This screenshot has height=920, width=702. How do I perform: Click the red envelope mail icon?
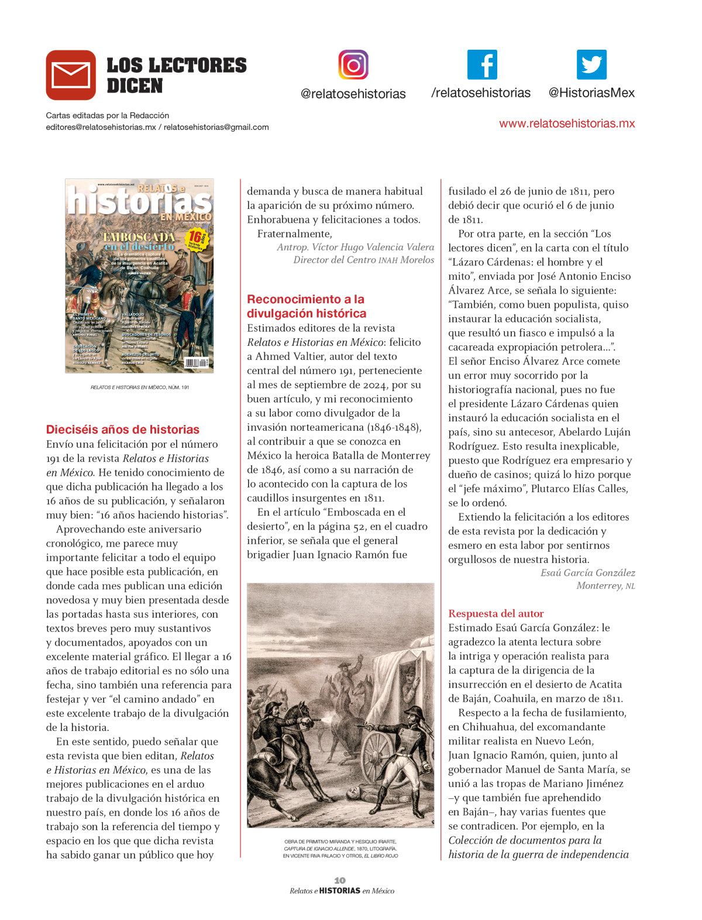tap(71, 75)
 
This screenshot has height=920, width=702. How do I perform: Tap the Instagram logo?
tap(353, 64)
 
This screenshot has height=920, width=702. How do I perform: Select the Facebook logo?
tap(482, 64)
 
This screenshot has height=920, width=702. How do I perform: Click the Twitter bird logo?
tap(591, 64)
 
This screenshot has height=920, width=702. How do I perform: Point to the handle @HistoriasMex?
tap(591, 93)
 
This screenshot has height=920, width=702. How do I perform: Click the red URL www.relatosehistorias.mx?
tap(567, 123)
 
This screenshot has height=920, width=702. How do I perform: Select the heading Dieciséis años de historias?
tap(123, 430)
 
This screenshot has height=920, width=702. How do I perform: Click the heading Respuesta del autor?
tap(496, 613)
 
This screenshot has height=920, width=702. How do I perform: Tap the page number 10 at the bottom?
tap(340, 880)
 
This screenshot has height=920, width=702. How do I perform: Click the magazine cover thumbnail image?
tap(139, 276)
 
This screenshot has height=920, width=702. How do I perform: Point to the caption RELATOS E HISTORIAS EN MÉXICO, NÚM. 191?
tap(139, 387)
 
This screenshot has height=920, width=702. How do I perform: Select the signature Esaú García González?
tap(587, 573)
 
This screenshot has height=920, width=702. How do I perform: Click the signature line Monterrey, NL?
tap(605, 586)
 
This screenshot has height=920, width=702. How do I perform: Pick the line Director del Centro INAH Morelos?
tap(364, 260)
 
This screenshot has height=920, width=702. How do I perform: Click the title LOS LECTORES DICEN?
tap(176, 75)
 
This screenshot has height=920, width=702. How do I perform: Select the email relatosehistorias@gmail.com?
tap(216, 127)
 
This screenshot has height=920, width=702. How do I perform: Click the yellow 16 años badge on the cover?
tap(197, 239)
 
